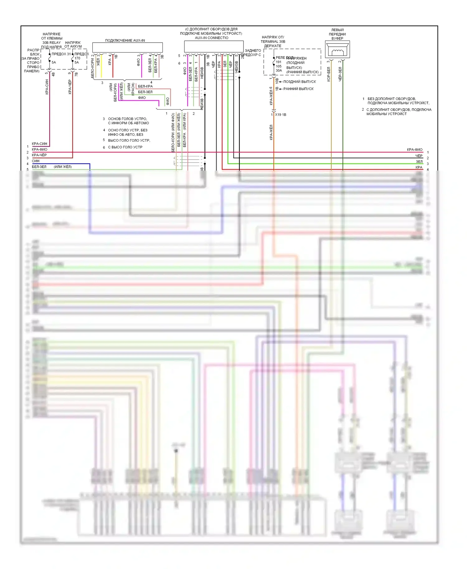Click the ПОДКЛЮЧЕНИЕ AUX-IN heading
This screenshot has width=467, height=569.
[x=125, y=40]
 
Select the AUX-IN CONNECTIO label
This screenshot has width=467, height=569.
[x=211, y=38]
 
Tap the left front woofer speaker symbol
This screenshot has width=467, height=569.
[x=337, y=50]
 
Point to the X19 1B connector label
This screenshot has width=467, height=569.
[x=281, y=115]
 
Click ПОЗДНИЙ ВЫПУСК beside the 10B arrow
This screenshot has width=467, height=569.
[x=300, y=82]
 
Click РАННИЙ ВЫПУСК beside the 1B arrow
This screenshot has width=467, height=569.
[x=298, y=89]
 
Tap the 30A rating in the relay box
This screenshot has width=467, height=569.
[x=279, y=71]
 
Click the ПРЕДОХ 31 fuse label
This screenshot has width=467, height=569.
[x=61, y=54]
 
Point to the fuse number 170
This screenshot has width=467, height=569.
[x=77, y=58]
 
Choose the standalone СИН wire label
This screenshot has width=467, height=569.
[x=35, y=161]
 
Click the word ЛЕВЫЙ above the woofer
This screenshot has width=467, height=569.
[x=337, y=30]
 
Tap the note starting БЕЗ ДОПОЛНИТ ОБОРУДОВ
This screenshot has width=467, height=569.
[x=392, y=99]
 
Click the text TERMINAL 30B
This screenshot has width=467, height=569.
[x=273, y=42]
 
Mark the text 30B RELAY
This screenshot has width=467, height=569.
[x=51, y=43]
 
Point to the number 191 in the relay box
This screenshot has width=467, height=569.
[x=278, y=62]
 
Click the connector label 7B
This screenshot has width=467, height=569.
[x=76, y=74]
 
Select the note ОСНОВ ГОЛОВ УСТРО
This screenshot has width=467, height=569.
[x=127, y=119]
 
